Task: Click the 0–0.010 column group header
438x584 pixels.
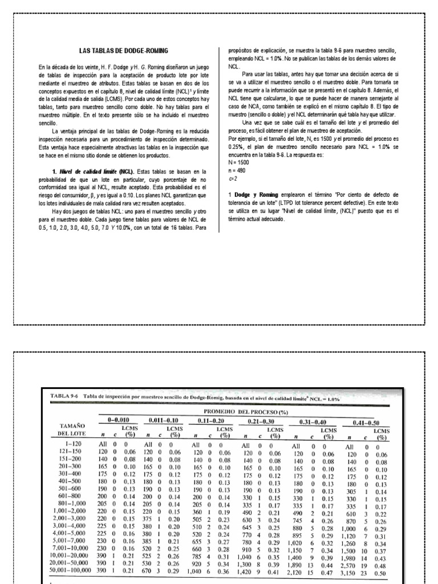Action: pos(120,420)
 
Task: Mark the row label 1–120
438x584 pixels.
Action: pos(76,443)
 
